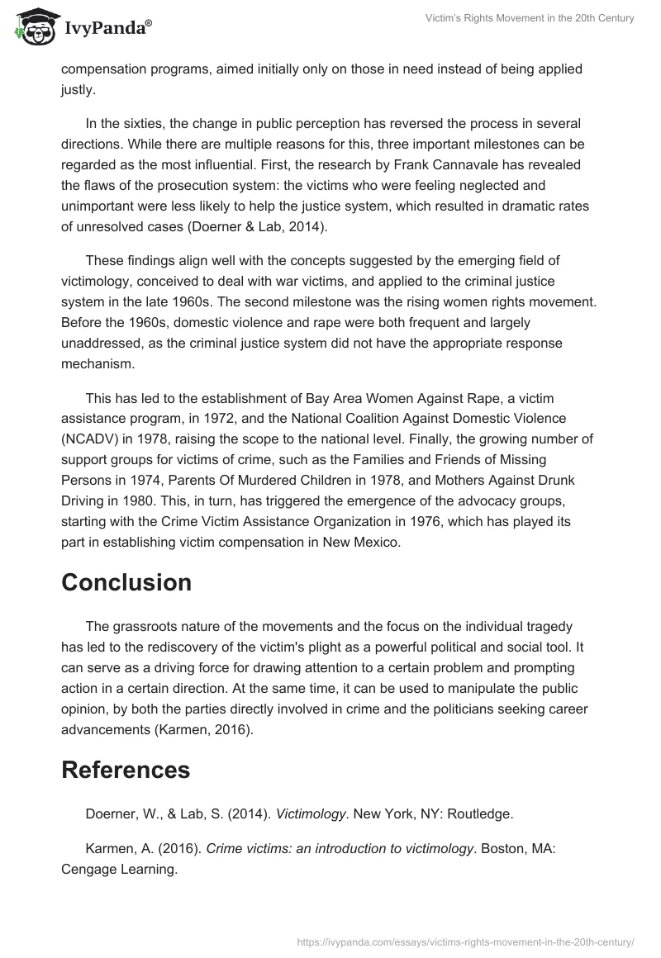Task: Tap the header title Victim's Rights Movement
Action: (530, 18)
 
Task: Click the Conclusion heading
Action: (126, 582)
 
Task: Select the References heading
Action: (126, 770)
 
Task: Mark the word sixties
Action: (140, 124)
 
